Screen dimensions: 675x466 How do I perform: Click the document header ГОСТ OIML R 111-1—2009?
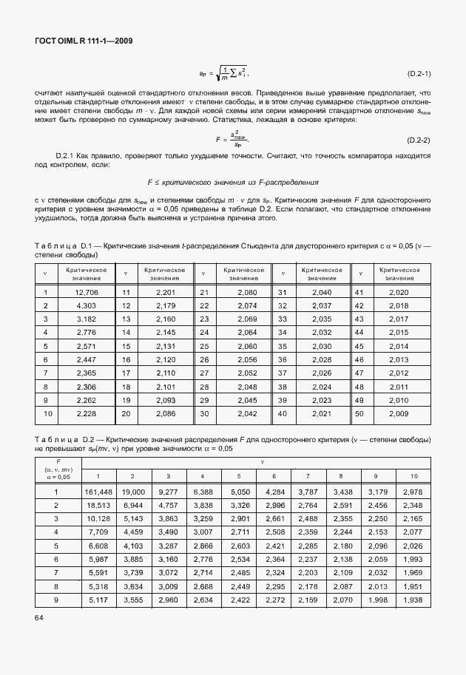[x=83, y=42]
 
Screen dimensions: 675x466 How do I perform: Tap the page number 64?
[x=39, y=637]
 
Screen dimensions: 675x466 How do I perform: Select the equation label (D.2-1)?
[x=419, y=74]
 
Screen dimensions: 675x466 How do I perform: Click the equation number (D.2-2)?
[x=419, y=140]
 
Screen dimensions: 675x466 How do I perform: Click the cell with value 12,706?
[x=87, y=292]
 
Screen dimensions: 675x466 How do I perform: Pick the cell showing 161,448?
[x=98, y=492]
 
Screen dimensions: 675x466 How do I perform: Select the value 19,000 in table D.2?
[x=132, y=492]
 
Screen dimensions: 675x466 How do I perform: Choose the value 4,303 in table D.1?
[x=87, y=306]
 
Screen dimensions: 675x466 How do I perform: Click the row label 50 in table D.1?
[x=360, y=413]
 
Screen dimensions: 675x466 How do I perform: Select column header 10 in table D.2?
[x=413, y=475]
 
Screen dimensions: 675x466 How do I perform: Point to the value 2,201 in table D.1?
[x=165, y=292]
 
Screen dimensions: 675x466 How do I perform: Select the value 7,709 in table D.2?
[x=98, y=532]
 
